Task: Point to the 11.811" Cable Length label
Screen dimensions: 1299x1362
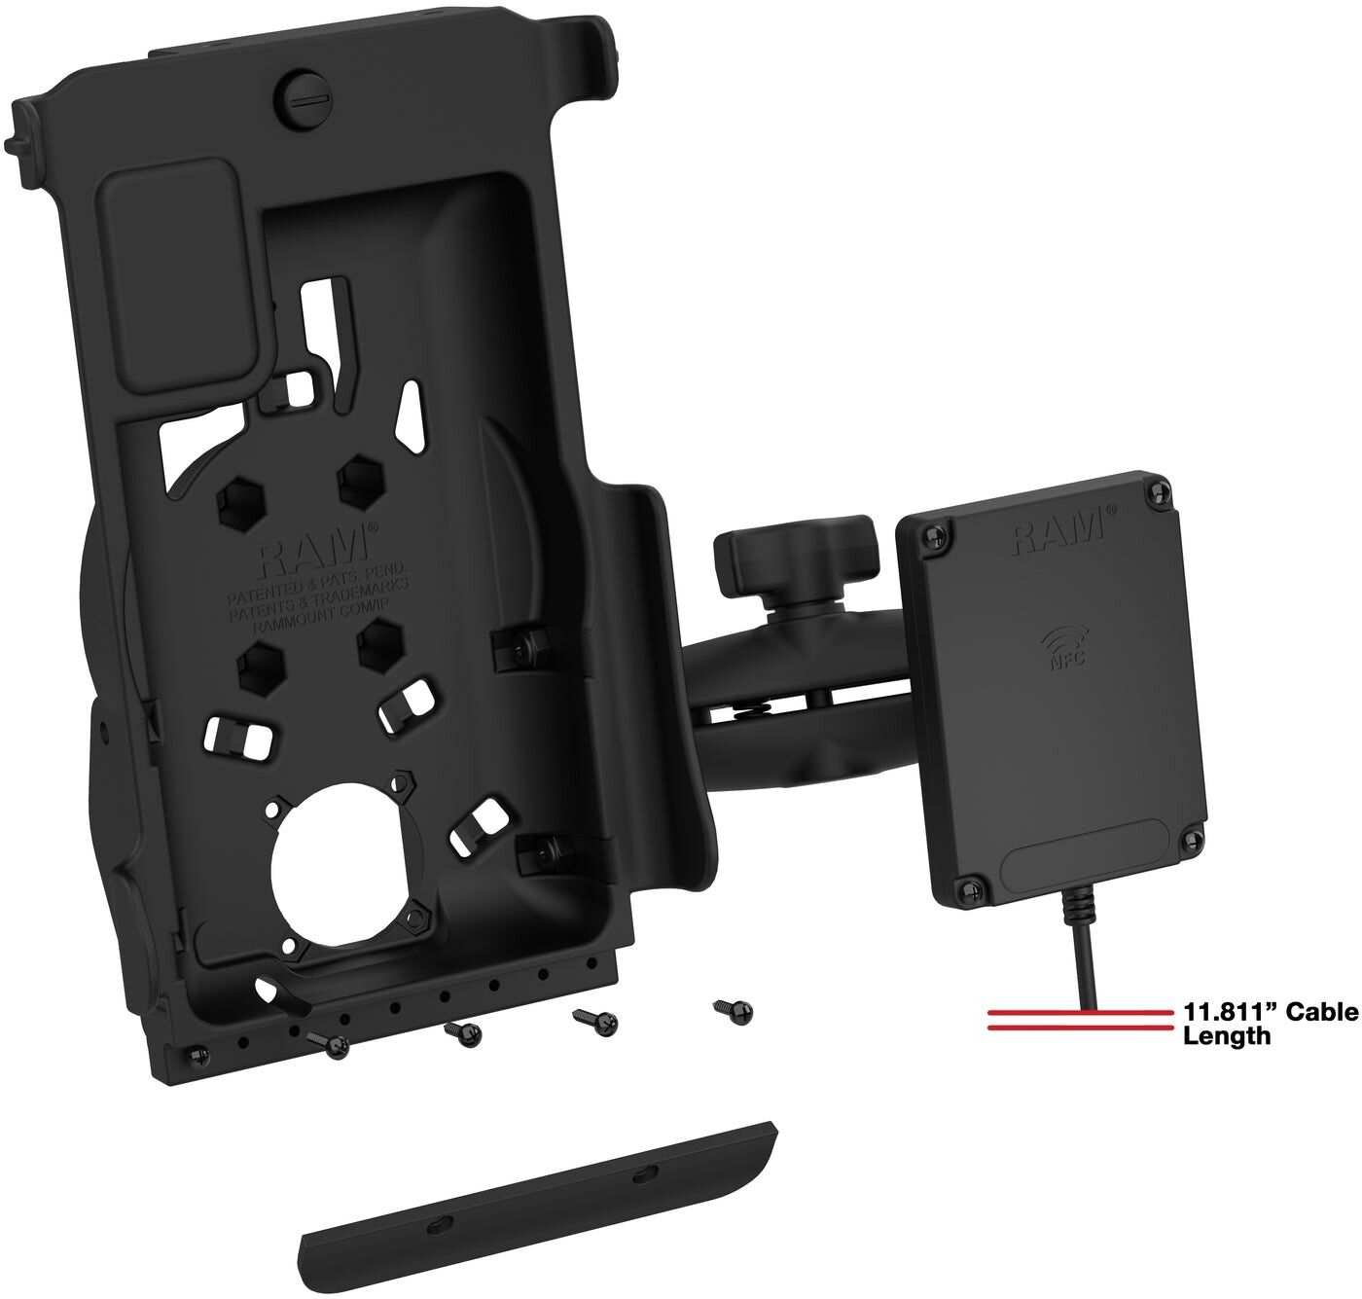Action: click(x=1270, y=1024)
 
